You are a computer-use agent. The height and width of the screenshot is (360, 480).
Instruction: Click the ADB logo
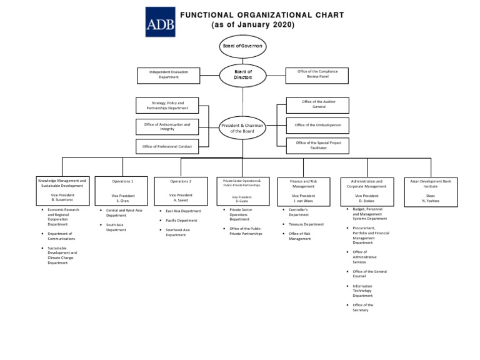tap(160, 22)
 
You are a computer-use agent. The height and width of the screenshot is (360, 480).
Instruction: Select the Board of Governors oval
tap(242, 46)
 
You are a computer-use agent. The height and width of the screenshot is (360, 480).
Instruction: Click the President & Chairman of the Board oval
tap(242, 128)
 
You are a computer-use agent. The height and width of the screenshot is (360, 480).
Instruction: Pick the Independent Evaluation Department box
tap(168, 75)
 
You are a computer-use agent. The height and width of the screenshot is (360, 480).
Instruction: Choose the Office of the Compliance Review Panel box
tap(317, 74)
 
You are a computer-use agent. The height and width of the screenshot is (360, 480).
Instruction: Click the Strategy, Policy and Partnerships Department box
tap(167, 105)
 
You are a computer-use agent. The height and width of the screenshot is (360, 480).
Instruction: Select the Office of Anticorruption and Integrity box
tap(167, 127)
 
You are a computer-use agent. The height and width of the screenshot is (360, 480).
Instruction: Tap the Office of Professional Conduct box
tap(167, 147)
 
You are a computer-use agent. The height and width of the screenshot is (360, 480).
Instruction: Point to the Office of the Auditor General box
tap(317, 104)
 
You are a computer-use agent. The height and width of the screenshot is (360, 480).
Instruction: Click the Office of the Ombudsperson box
tap(317, 125)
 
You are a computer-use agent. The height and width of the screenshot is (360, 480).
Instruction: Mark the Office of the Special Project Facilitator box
tap(317, 146)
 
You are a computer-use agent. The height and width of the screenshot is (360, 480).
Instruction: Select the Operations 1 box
tap(122, 190)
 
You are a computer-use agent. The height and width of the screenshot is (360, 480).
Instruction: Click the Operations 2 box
tap(181, 190)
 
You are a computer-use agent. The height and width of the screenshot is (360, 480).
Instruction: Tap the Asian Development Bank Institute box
tap(431, 191)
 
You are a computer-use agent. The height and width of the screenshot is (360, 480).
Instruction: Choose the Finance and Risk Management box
tap(303, 191)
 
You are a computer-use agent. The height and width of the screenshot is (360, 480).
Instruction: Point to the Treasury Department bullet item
tap(306, 224)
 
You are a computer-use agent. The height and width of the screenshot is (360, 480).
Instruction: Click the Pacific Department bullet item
tap(181, 221)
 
